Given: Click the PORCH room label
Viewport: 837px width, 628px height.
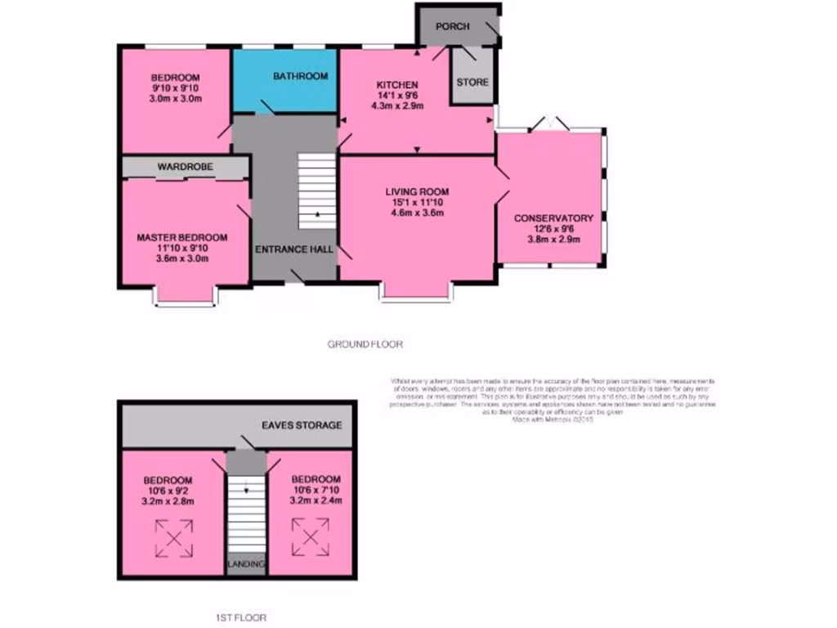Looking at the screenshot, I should [452, 26].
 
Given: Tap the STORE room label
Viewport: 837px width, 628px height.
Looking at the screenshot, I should [472, 82].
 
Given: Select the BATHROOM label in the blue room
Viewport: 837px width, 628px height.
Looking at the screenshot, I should [300, 76].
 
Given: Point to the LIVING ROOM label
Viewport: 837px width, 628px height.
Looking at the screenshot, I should [417, 192].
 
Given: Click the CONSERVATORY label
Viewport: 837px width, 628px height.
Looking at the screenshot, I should [553, 218].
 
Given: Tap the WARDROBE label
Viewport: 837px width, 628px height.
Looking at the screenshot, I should [186, 167].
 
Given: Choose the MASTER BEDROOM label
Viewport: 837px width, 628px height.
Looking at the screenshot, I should [181, 237].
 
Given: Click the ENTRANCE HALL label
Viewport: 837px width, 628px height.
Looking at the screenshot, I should [294, 249].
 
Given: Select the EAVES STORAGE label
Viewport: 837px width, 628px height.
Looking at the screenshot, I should [301, 425].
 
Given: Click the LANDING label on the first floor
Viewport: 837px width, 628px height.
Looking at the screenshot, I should [245, 564].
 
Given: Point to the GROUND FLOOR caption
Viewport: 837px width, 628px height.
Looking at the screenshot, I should [365, 344].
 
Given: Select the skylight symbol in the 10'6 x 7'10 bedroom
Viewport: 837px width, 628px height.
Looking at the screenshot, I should [311, 537].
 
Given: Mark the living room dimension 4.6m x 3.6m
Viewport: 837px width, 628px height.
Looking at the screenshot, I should [417, 213].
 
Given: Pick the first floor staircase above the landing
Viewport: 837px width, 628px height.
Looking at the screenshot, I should [245, 515].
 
